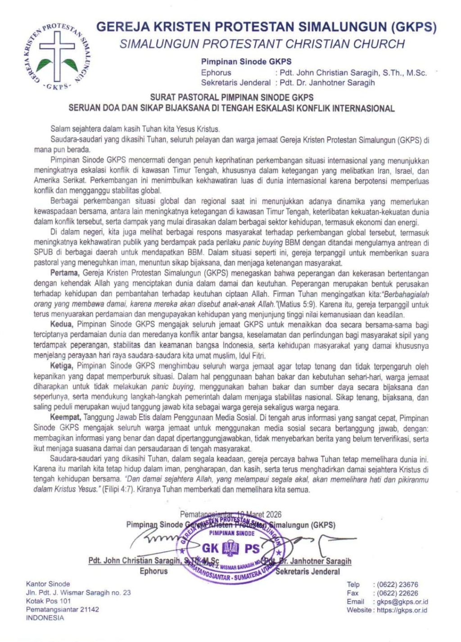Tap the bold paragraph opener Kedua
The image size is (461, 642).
click(61, 324)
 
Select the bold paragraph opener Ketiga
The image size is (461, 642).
click(62, 366)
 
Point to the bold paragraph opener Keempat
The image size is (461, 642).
click(66, 418)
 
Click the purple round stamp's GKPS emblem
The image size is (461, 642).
click(231, 549)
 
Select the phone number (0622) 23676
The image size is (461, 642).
click(398, 585)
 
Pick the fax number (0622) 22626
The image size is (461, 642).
click(398, 593)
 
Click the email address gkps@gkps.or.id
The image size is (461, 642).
click(402, 602)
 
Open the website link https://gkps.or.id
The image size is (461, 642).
click(402, 610)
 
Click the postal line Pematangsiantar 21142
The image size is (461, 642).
click(63, 610)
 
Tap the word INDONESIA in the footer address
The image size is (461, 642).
click(45, 618)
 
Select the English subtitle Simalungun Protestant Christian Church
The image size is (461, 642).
click(262, 44)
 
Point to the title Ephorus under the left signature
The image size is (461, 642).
click(153, 571)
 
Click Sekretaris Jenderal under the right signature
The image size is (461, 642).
click(308, 572)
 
